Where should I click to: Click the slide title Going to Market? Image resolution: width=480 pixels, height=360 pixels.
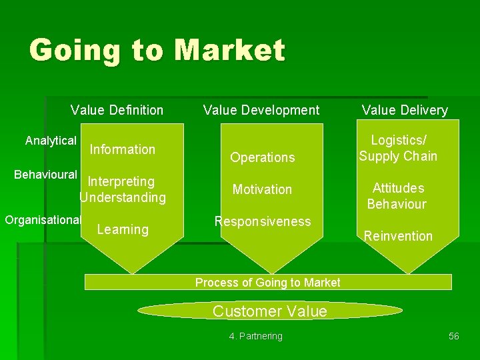pyautogui.click(x=157, y=51)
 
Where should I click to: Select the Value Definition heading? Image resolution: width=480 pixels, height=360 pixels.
pyautogui.click(x=117, y=110)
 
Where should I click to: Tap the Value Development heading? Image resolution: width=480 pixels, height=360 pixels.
pyautogui.click(x=261, y=110)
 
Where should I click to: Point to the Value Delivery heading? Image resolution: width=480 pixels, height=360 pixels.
pyautogui.click(x=405, y=110)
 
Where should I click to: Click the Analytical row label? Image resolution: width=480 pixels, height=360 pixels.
pyautogui.click(x=51, y=141)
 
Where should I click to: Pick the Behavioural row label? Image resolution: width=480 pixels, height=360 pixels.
pyautogui.click(x=45, y=175)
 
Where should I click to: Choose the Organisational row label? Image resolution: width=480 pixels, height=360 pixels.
pyautogui.click(x=43, y=219)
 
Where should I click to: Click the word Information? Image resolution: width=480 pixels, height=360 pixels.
pyautogui.click(x=122, y=149)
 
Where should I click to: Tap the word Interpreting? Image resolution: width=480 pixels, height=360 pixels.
pyautogui.click(x=121, y=181)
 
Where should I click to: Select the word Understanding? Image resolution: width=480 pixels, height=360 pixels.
pyautogui.click(x=123, y=197)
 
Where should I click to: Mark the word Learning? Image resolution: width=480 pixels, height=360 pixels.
pyautogui.click(x=123, y=229)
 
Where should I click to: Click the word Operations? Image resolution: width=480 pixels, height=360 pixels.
pyautogui.click(x=262, y=157)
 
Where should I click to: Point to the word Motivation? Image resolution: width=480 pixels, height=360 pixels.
pyautogui.click(x=262, y=189)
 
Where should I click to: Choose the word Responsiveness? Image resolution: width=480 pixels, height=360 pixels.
pyautogui.click(x=262, y=221)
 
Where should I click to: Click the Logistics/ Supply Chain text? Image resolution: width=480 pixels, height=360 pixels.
pyautogui.click(x=398, y=148)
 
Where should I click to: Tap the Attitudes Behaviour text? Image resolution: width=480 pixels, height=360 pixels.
pyautogui.click(x=397, y=196)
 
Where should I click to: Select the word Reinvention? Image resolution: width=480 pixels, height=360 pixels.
pyautogui.click(x=398, y=236)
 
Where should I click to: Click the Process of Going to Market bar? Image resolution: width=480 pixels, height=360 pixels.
pyautogui.click(x=268, y=282)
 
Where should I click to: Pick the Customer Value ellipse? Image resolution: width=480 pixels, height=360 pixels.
pyautogui.click(x=269, y=311)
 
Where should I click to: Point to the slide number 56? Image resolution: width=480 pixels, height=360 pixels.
pyautogui.click(x=453, y=336)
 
